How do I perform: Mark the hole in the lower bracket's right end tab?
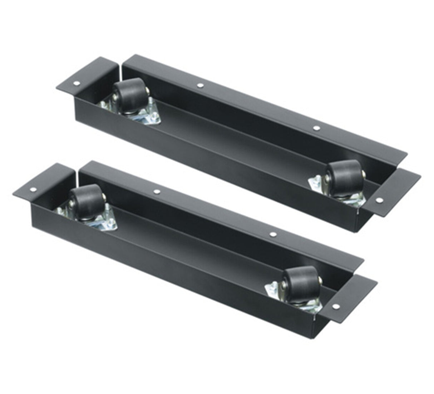[336, 306]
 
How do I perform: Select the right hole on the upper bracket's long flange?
[316, 128]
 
